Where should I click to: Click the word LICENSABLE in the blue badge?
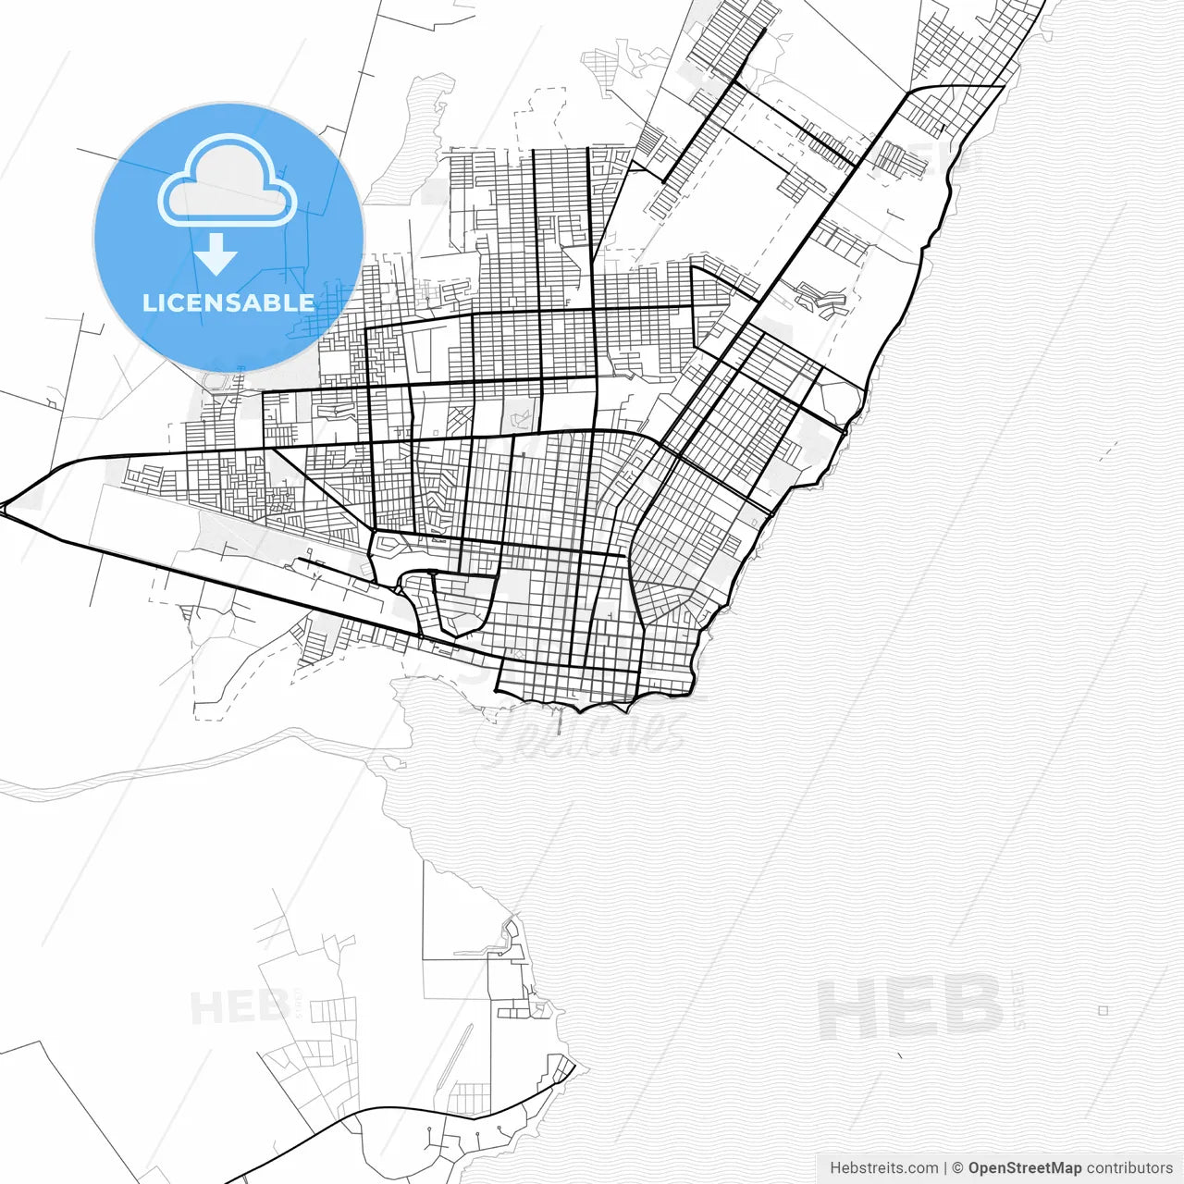pyautogui.click(x=228, y=302)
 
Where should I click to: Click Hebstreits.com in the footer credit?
pyautogui.click(x=883, y=1167)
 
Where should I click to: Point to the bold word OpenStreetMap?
pyautogui.click(x=1025, y=1167)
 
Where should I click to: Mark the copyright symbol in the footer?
pyautogui.click(x=958, y=1167)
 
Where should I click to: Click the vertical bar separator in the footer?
pyautogui.click(x=944, y=1167)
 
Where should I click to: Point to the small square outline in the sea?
pyautogui.click(x=1103, y=1011)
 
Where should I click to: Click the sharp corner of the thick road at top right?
pyautogui.click(x=1004, y=86)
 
